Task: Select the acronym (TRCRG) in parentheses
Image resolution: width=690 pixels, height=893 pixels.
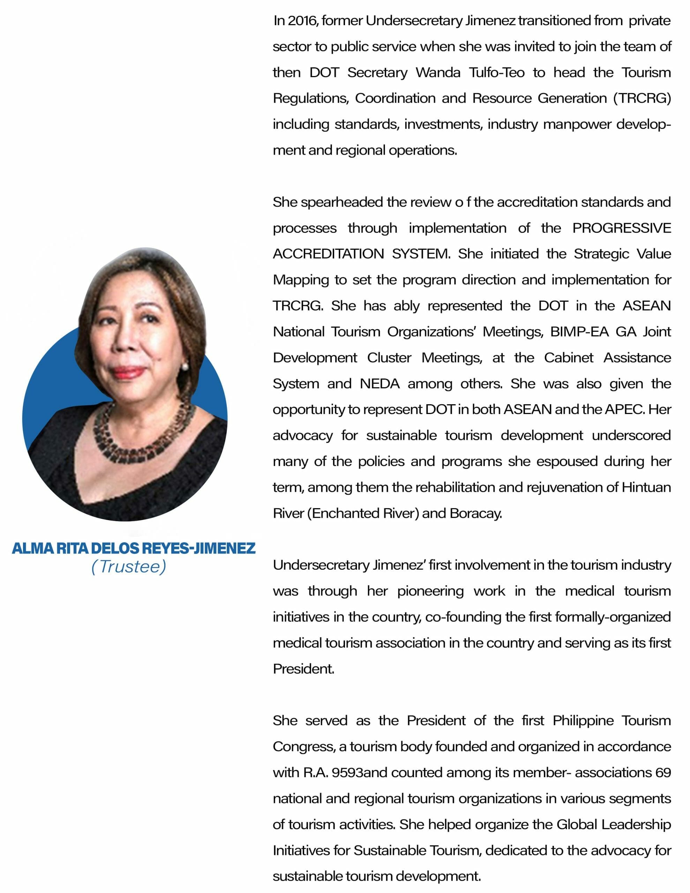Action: pyautogui.click(x=642, y=98)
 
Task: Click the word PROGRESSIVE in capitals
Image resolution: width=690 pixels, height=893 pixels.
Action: pyautogui.click(x=621, y=228)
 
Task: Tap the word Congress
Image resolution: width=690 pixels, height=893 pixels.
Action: pyautogui.click(x=303, y=747)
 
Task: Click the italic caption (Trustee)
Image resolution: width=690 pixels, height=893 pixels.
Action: pyautogui.click(x=129, y=567)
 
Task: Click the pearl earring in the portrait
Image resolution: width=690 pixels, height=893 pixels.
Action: pyautogui.click(x=185, y=366)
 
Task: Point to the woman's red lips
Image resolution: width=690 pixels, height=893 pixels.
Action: pyautogui.click(x=129, y=372)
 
